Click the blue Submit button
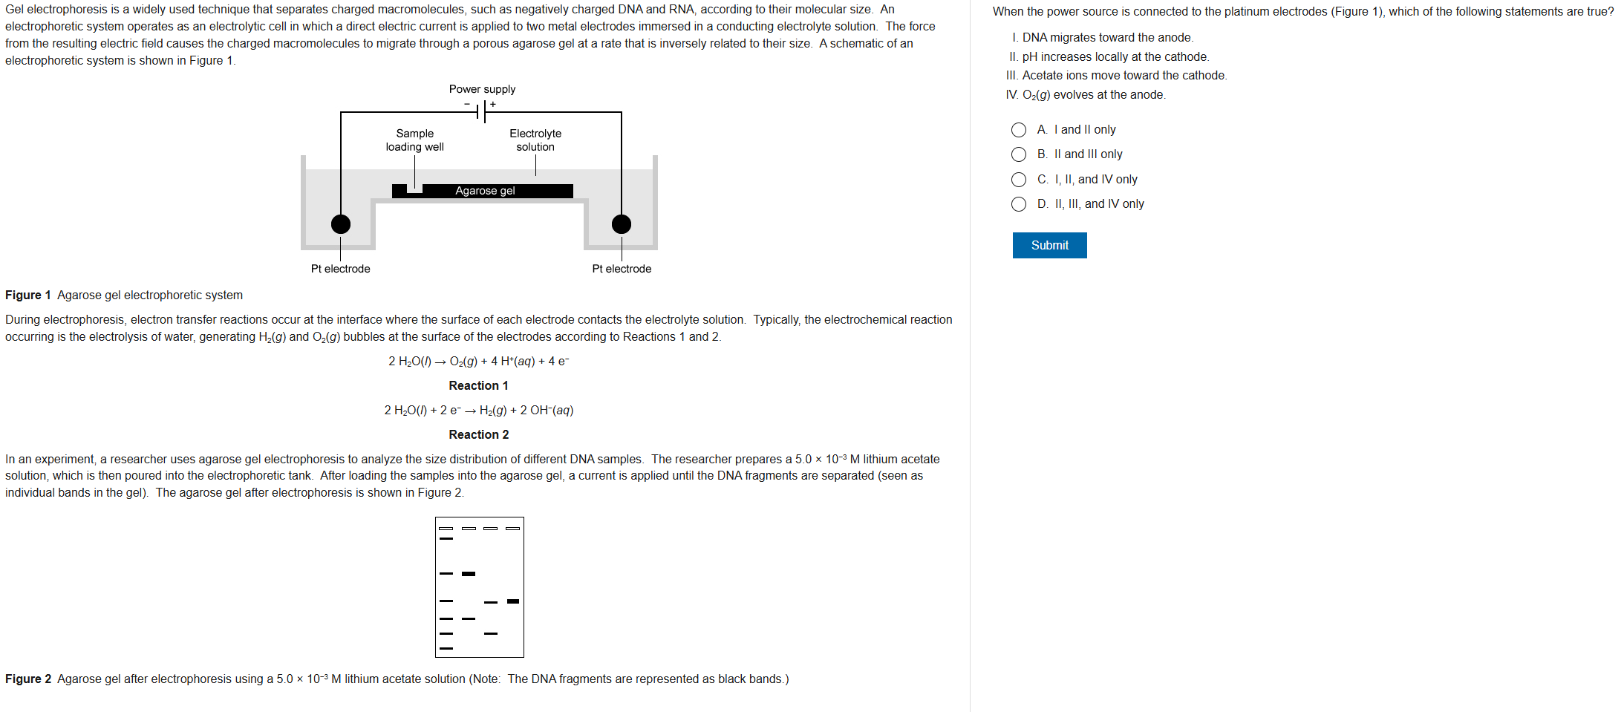point(1049,245)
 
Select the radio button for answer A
point(1019,130)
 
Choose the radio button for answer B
point(1019,154)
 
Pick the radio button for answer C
point(1019,180)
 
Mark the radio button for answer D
point(1019,204)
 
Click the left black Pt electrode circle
point(341,224)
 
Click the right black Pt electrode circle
point(622,224)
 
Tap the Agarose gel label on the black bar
point(485,191)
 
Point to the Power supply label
point(482,89)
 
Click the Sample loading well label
point(414,140)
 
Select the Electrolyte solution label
point(535,140)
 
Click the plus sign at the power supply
point(493,105)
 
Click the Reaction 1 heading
point(478,385)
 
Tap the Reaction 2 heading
point(478,434)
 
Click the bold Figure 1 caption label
point(28,295)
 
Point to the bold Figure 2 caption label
point(28,679)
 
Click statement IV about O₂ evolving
point(1086,95)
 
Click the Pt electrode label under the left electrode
point(340,269)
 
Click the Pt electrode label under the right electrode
point(622,269)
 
